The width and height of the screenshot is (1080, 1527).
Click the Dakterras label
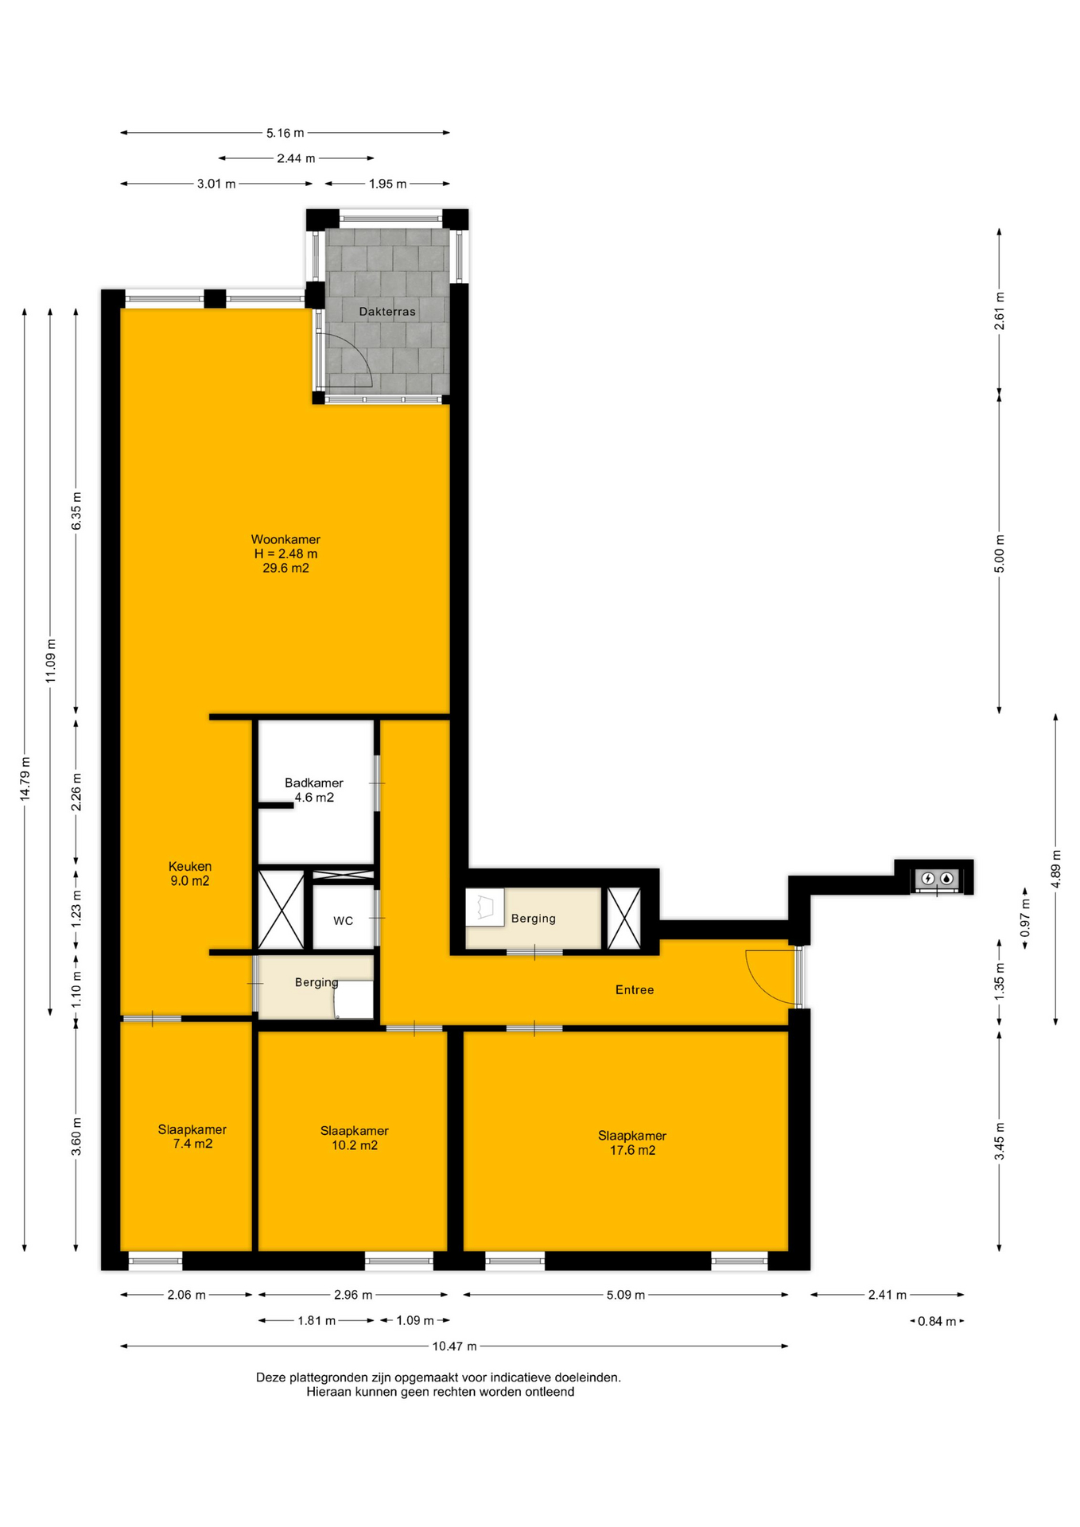(x=387, y=312)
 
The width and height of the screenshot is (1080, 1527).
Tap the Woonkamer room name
(x=286, y=539)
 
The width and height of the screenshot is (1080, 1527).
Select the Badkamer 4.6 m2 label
(x=314, y=790)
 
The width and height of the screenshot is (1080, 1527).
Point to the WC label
(x=343, y=921)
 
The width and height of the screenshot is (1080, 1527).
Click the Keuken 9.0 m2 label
(x=190, y=873)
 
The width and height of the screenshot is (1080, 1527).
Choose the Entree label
(x=635, y=990)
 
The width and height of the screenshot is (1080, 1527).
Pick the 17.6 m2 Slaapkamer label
(x=632, y=1143)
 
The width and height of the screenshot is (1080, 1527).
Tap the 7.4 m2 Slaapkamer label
(x=192, y=1137)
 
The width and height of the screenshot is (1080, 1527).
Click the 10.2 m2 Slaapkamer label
(x=355, y=1138)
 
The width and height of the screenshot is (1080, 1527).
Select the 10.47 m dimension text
(x=454, y=1346)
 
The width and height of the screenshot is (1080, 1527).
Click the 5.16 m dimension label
(x=285, y=133)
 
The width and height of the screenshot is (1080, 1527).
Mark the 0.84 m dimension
(x=937, y=1321)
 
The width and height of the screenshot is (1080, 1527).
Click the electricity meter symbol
(x=927, y=879)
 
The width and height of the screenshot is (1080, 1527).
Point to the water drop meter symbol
(x=946, y=879)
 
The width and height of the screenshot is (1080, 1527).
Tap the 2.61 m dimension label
(x=1000, y=311)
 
